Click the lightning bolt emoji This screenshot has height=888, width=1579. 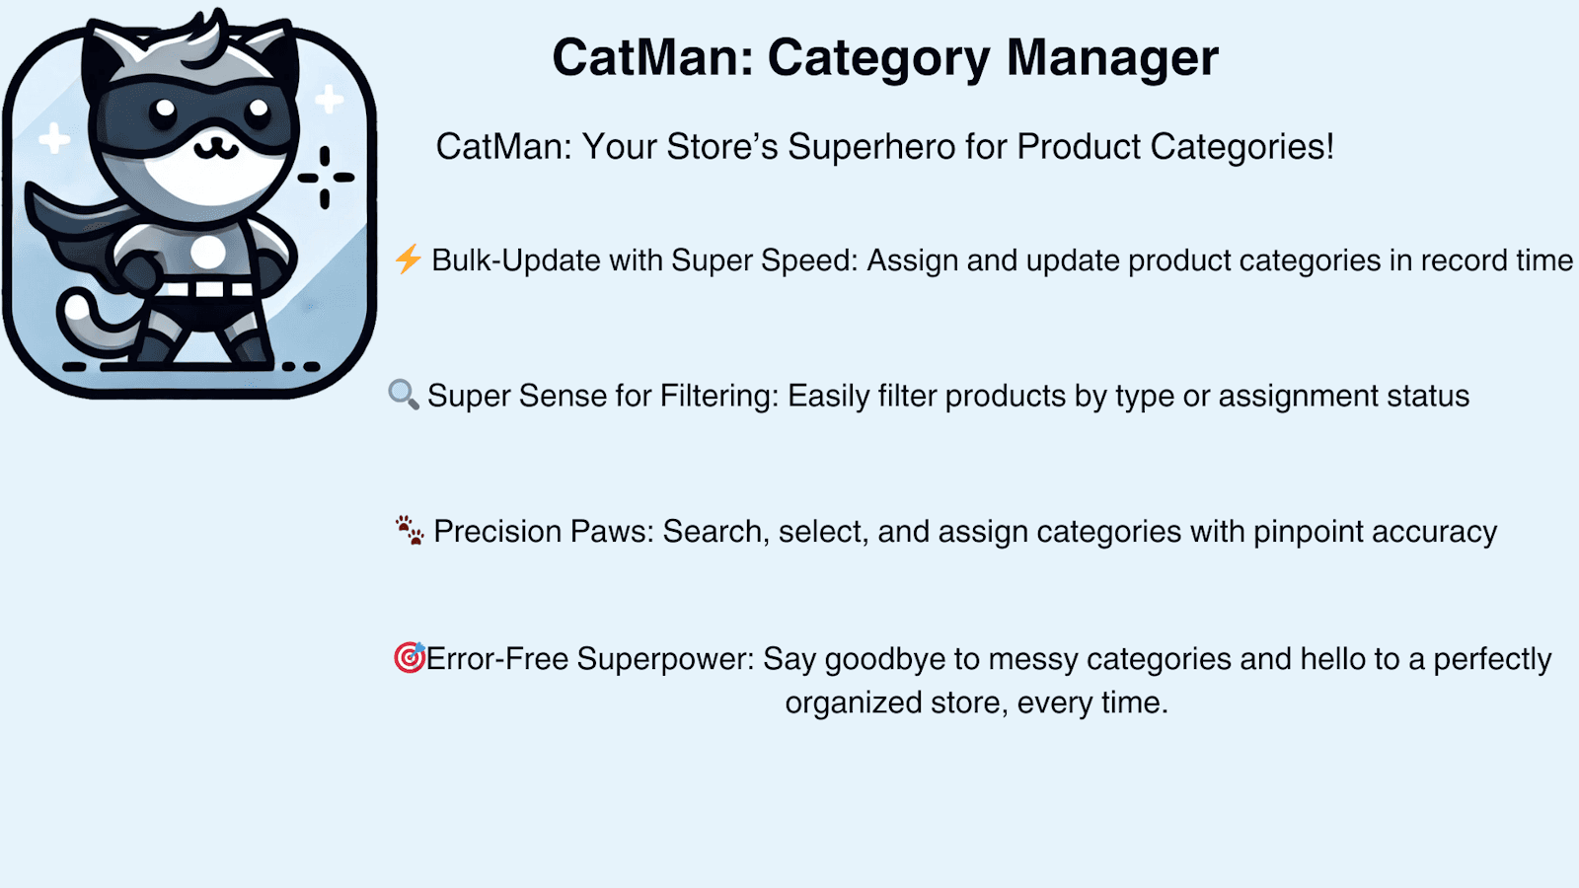[x=409, y=259]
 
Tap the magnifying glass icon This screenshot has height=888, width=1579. [x=404, y=395]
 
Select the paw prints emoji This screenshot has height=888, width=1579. [x=410, y=530]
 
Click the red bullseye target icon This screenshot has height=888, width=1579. [x=410, y=657]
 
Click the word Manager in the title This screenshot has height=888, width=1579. [x=1112, y=58]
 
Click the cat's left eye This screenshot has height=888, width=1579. [x=165, y=110]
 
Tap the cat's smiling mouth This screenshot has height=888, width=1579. [x=216, y=147]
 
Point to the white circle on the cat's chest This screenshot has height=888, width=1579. [x=208, y=252]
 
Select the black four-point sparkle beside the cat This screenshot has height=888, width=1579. [x=325, y=178]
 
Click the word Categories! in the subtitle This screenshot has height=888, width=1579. [x=1242, y=147]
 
